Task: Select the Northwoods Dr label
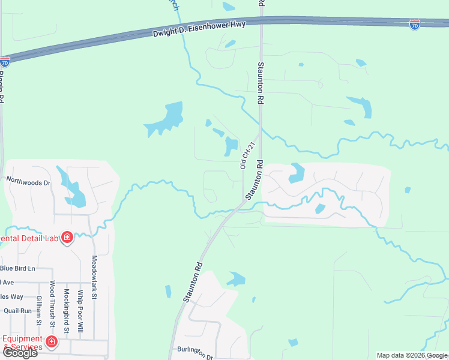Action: (29, 179)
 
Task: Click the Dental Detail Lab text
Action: (29, 238)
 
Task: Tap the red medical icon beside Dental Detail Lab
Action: (67, 238)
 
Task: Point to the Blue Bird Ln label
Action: (18, 268)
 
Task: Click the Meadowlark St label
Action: (94, 277)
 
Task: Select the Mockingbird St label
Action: (67, 311)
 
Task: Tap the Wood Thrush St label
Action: (53, 303)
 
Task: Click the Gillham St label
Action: (39, 310)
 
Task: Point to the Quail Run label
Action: (17, 311)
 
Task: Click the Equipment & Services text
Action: (23, 343)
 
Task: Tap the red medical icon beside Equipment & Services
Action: (52, 343)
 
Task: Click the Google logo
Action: (19, 353)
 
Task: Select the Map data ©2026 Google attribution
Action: (412, 355)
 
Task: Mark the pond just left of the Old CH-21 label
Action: (231, 145)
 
